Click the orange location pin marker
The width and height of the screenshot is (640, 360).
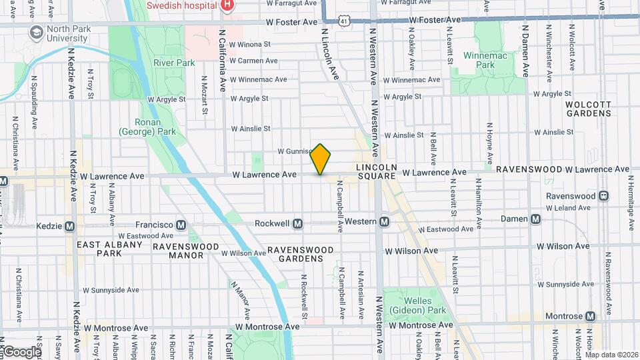point(321,159)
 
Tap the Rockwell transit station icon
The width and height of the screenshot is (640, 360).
point(298,223)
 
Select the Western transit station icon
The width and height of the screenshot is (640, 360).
point(384,221)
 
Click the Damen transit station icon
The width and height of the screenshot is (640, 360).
point(536,219)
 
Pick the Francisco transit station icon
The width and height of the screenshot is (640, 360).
point(181,225)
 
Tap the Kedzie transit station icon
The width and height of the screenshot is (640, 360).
point(69,227)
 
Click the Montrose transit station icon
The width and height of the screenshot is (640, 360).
point(591,316)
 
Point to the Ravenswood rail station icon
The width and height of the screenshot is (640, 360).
point(603,196)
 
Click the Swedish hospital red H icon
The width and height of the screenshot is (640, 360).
point(227,5)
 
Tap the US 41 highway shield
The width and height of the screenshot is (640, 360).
point(343,21)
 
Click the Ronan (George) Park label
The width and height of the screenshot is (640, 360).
point(147,127)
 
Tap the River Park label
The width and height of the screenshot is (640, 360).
point(173,63)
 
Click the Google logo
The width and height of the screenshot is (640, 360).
point(21,352)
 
